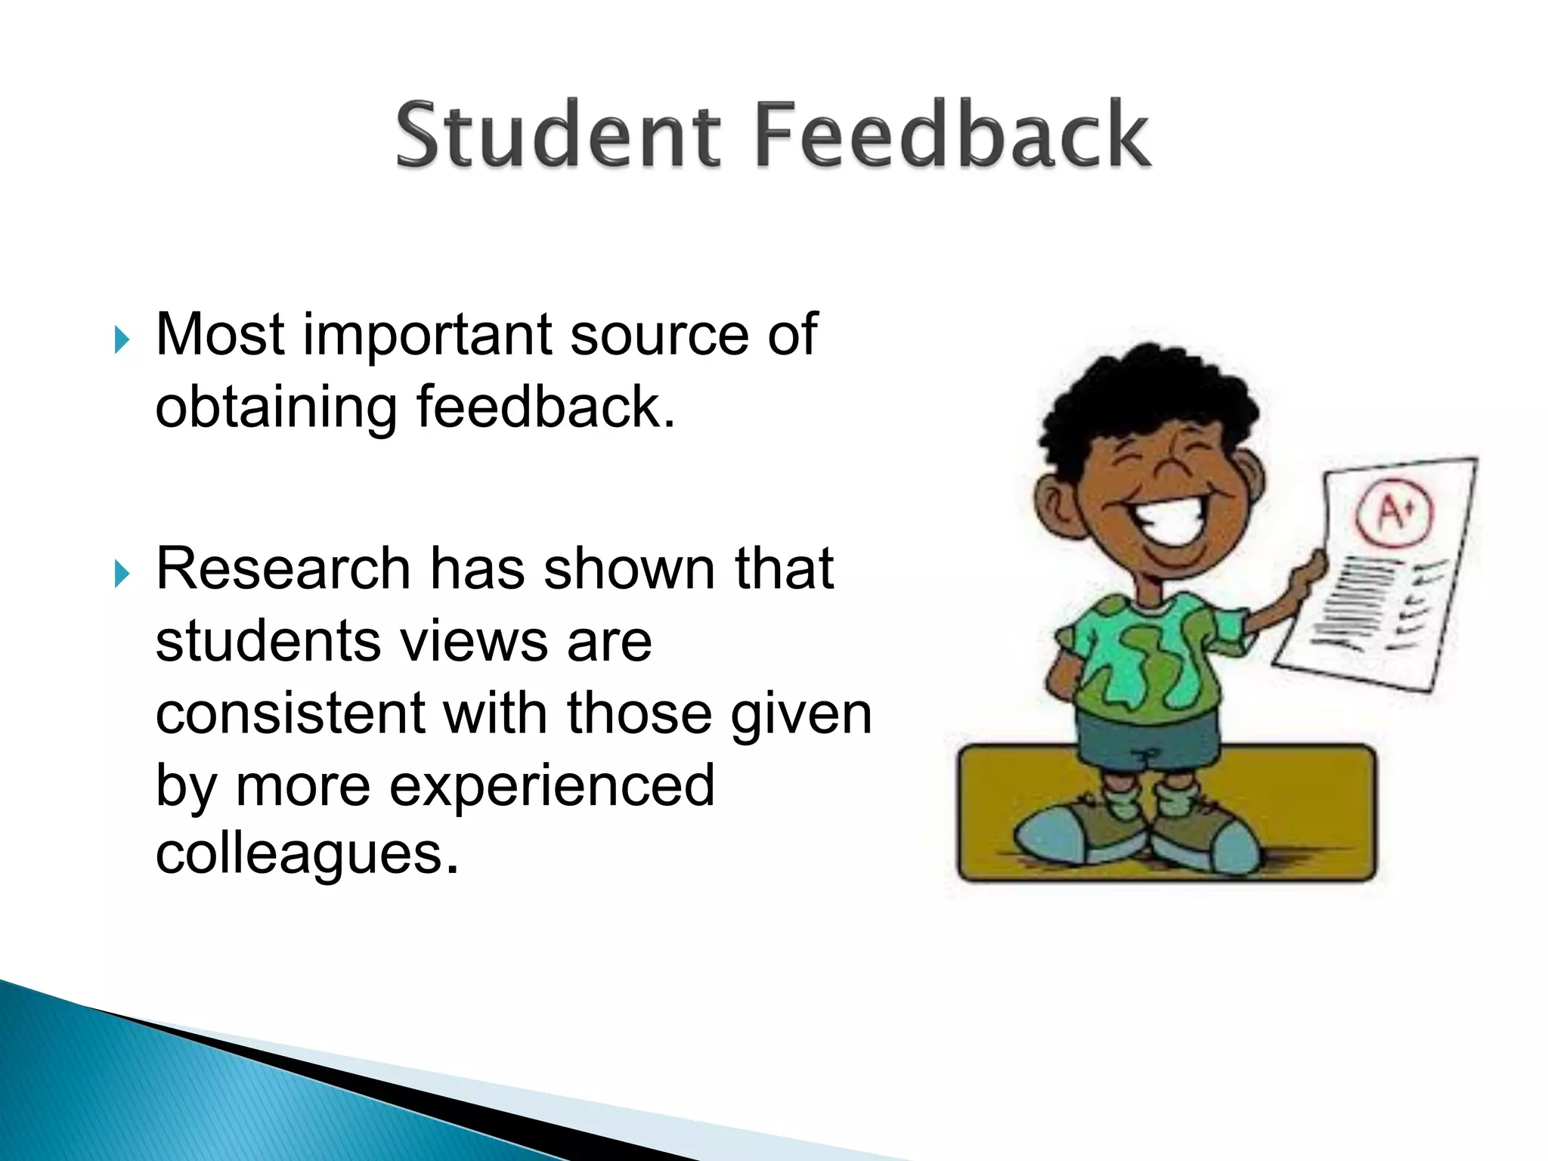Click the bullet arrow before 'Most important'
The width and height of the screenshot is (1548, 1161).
122,339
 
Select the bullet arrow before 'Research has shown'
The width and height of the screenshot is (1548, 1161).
122,574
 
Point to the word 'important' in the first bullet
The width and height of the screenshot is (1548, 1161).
427,335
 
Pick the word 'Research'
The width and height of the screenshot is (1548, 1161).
283,568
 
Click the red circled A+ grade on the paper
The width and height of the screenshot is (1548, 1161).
1393,513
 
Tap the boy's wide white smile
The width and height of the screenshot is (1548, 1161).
1168,519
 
